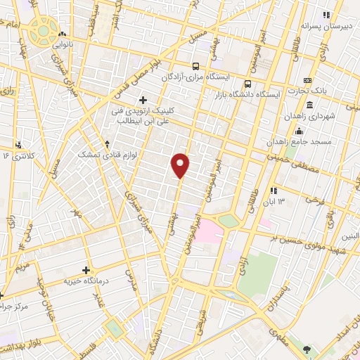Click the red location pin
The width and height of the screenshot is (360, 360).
coord(181,165)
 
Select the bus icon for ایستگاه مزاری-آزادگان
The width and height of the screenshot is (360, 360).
coord(195,67)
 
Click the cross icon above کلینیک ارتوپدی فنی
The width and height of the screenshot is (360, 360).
coord(143,100)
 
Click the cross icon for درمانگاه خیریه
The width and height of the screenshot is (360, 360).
coord(86,270)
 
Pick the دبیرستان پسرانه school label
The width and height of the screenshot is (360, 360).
coord(330,25)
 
